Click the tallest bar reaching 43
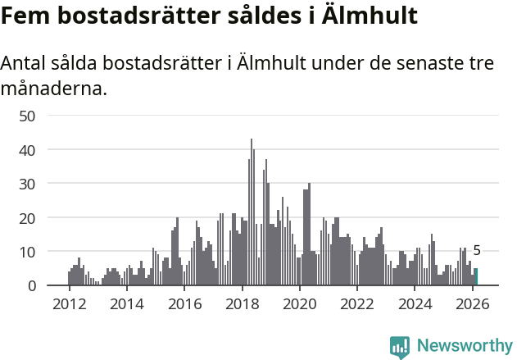[252, 212]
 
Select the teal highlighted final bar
[476, 277]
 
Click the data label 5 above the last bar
[477, 252]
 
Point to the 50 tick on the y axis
[27, 116]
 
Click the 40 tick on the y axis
[27, 150]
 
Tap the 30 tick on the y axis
[27, 184]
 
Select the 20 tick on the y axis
[27, 218]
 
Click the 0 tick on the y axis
[31, 286]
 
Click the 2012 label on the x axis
[69, 303]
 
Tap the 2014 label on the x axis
[126, 303]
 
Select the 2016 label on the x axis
[184, 303]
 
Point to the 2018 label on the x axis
[242, 303]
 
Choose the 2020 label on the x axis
[299, 303]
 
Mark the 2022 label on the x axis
[357, 303]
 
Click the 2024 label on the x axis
[415, 303]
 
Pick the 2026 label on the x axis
[473, 303]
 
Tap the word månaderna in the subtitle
[54, 88]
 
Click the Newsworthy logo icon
[400, 347]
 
